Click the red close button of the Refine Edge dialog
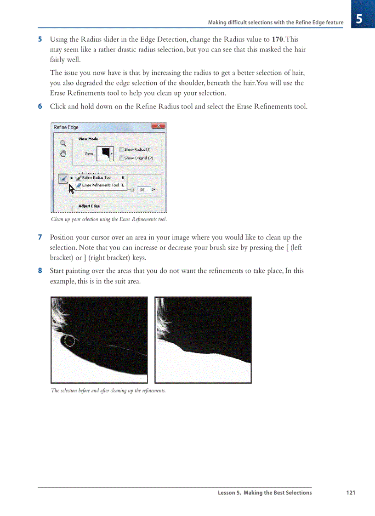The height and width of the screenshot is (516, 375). tap(158, 126)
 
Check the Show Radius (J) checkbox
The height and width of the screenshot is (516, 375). tap(122, 149)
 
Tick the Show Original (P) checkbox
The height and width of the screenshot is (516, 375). tap(122, 158)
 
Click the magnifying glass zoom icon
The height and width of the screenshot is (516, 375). tap(63, 143)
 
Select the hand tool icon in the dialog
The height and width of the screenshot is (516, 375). tap(63, 153)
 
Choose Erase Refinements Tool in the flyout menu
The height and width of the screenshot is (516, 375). tap(100, 185)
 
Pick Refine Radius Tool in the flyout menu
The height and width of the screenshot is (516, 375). tap(97, 177)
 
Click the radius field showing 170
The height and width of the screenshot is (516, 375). tap(143, 189)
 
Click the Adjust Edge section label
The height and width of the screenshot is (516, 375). tap(89, 206)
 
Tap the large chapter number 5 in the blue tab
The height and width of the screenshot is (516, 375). tap(359, 19)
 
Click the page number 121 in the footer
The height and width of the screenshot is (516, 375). tap(351, 493)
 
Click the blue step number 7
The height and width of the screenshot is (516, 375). tap(40, 238)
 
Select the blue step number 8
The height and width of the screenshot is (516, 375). tap(40, 271)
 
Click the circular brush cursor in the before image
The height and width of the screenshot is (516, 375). tap(69, 341)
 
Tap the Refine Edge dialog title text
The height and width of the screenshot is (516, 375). tap(66, 127)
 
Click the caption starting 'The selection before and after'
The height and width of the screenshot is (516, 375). tap(108, 391)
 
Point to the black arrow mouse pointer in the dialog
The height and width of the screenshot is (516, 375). tap(71, 188)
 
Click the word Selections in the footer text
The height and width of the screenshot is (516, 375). tap(296, 493)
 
